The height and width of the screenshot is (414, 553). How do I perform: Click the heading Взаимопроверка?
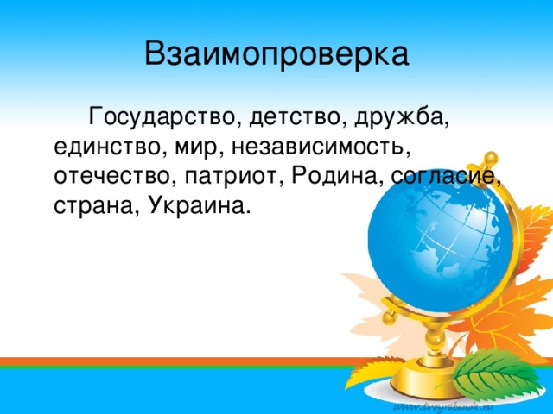276,54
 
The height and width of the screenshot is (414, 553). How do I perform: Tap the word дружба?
400,117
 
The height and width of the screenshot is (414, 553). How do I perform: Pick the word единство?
108,147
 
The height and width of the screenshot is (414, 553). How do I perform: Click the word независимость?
320,147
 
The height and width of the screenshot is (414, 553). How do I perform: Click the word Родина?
334,175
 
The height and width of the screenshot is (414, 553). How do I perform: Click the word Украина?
195,205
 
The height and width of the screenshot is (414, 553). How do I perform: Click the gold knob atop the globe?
491,159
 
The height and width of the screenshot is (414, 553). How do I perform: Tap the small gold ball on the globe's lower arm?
389,317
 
